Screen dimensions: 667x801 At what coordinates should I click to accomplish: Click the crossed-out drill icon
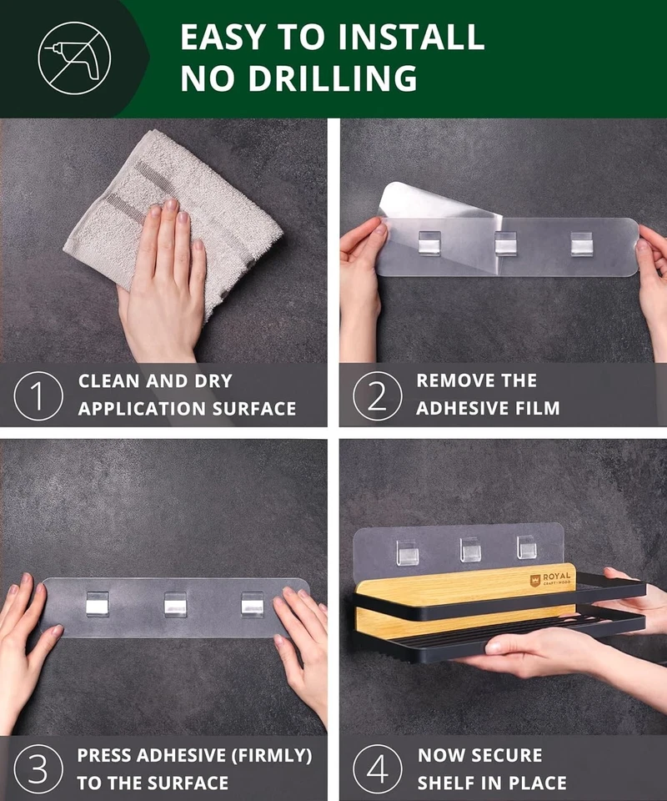click(x=74, y=58)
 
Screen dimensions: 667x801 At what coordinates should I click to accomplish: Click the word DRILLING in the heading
click(x=333, y=78)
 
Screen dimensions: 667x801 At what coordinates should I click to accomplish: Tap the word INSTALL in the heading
click(x=411, y=37)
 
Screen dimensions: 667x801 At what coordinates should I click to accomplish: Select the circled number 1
click(x=38, y=395)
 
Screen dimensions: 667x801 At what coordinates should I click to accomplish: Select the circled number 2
click(x=377, y=395)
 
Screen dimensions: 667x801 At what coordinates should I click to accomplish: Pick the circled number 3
click(x=38, y=769)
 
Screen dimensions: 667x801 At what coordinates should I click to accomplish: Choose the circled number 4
click(x=377, y=769)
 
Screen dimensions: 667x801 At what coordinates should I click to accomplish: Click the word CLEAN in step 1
click(x=108, y=381)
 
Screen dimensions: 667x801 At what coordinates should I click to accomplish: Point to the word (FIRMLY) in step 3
click(x=272, y=756)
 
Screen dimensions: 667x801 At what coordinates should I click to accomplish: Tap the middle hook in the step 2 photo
click(x=505, y=243)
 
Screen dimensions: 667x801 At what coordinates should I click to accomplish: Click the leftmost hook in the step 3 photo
click(x=98, y=604)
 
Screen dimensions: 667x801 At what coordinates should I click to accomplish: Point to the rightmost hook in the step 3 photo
click(x=252, y=604)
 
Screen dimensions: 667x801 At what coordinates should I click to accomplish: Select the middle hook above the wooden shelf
click(x=470, y=550)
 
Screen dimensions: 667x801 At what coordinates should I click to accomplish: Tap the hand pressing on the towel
click(x=163, y=280)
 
